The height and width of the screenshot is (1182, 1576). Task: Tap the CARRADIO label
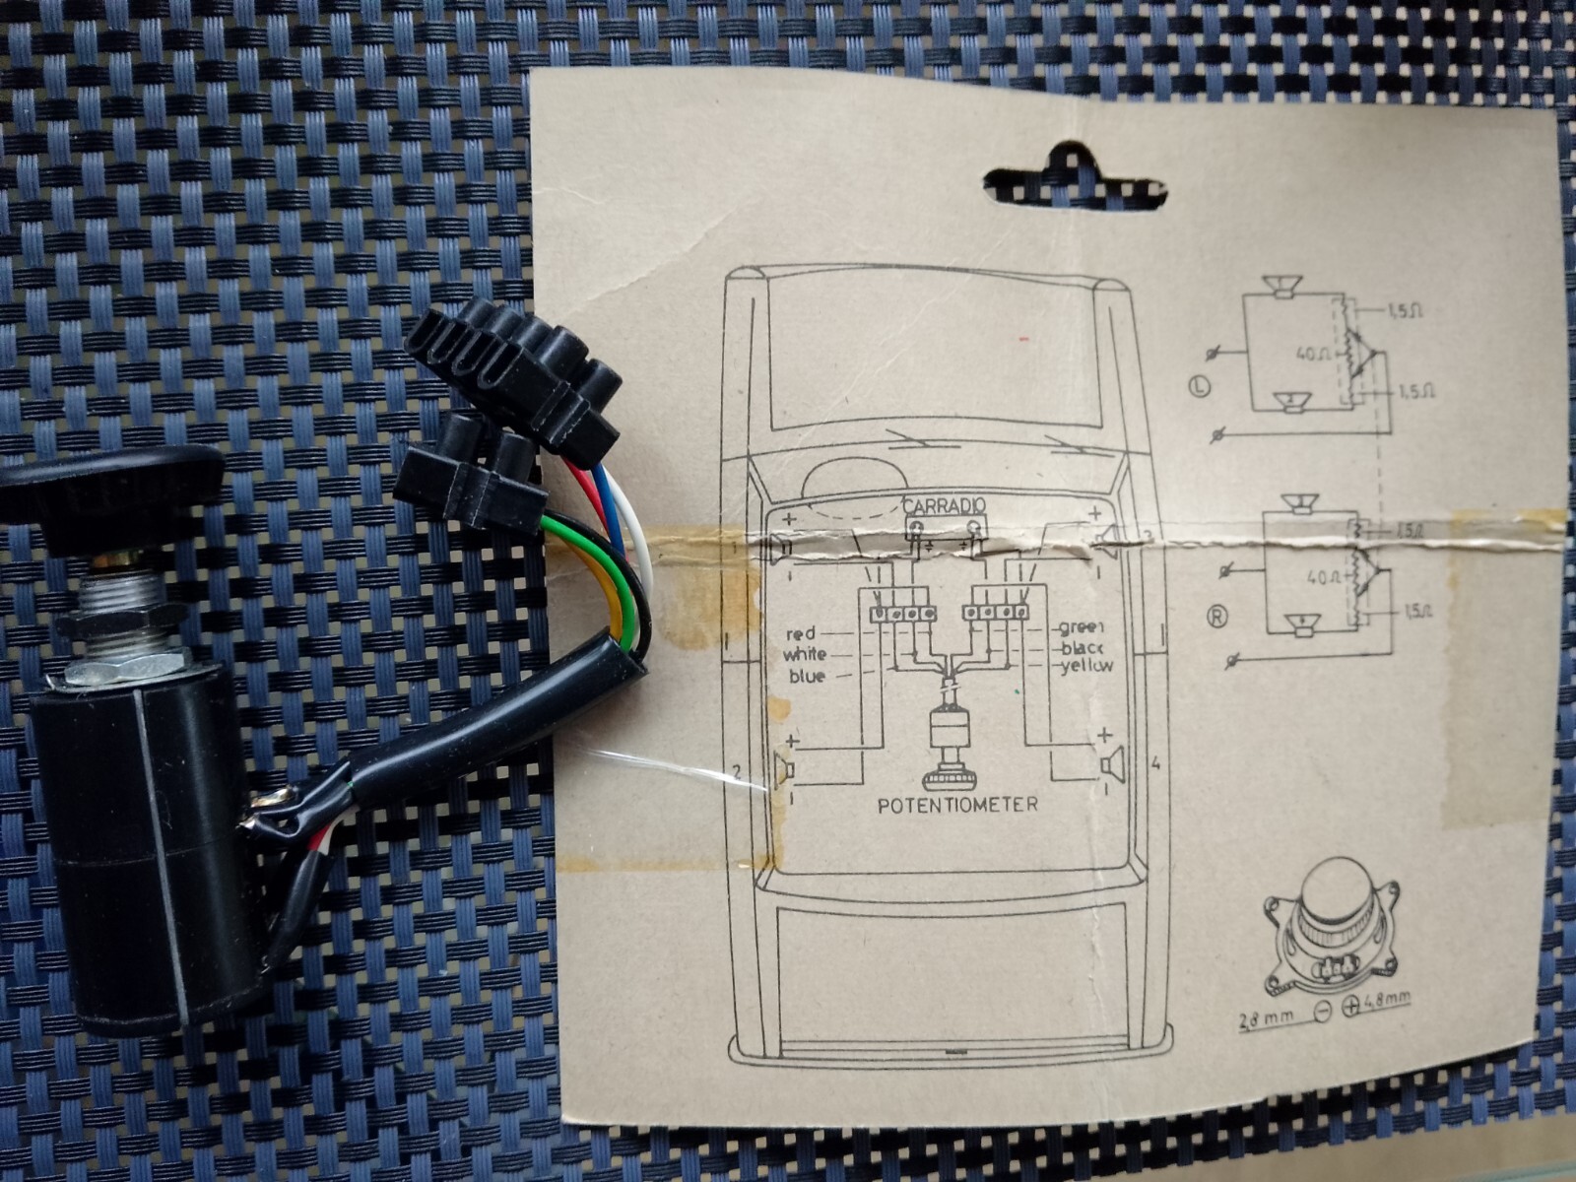[945, 505]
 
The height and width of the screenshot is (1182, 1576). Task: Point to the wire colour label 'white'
[805, 655]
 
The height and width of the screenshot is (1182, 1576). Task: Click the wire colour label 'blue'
[807, 677]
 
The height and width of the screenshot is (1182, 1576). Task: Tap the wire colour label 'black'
[1083, 647]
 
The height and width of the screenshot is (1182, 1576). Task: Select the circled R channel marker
[1216, 620]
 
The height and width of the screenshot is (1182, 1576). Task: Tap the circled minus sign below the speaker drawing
[1323, 1010]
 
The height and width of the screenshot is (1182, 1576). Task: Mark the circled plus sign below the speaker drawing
[1349, 1007]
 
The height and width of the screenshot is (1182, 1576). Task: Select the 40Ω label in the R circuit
[1317, 575]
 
